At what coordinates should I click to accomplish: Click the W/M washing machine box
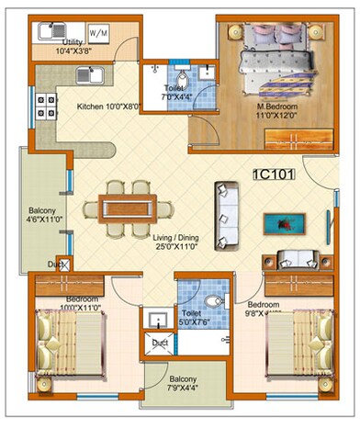point(98,34)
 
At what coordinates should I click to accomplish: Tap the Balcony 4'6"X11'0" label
point(43,216)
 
